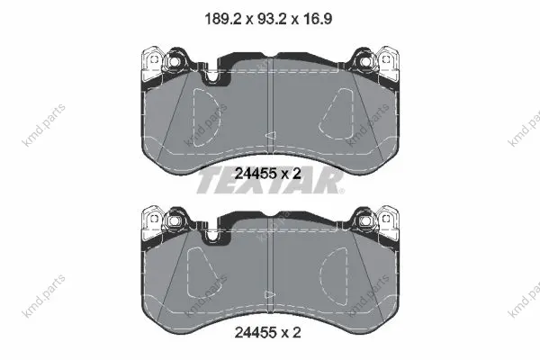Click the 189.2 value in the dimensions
222,19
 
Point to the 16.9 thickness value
318,19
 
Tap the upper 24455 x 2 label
267,174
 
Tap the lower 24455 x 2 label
267,332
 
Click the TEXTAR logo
270,182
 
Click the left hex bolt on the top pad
174,62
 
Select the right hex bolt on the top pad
365,61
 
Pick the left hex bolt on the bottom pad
174,220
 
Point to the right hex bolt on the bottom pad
365,220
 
